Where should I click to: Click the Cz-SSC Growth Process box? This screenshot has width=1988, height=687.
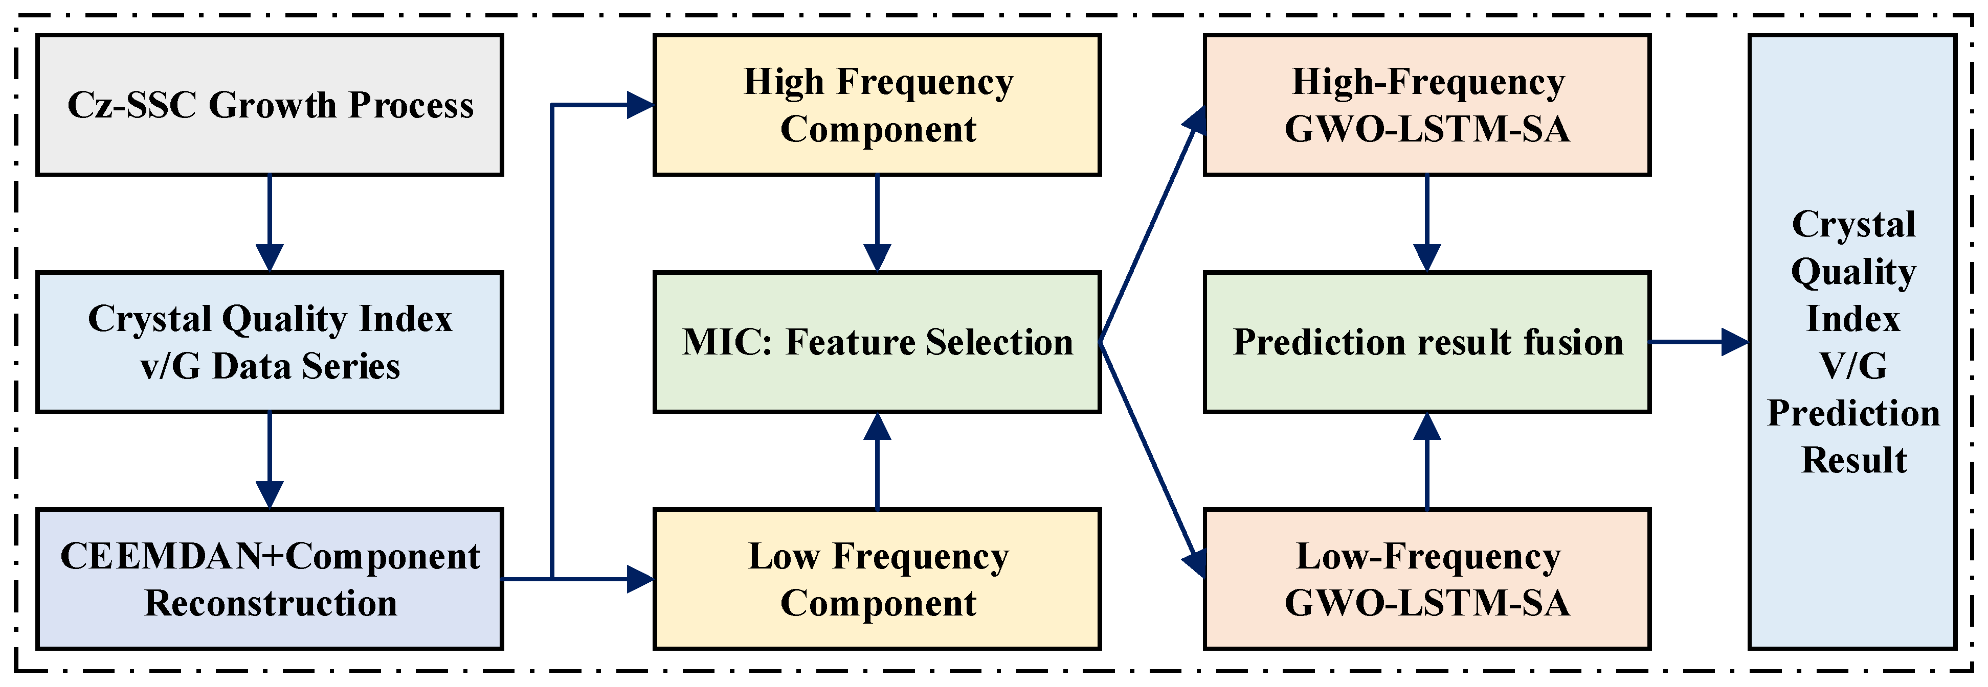click(x=270, y=105)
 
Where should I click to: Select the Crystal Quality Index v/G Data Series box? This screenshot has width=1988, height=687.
click(x=270, y=342)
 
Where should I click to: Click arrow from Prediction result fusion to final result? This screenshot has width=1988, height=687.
click(x=1698, y=342)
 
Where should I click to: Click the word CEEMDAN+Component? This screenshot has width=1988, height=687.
click(x=270, y=556)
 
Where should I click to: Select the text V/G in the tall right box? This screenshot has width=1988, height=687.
click(x=1853, y=366)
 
